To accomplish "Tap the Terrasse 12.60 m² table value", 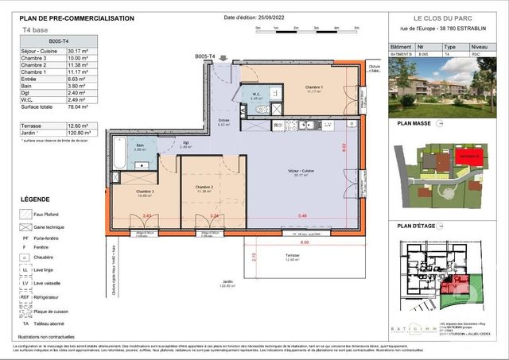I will (x=80, y=125).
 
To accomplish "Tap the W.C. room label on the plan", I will (x=257, y=95).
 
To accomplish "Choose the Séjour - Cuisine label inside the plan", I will (x=301, y=172).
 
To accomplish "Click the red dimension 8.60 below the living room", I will (x=304, y=242).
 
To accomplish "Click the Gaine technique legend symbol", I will (x=25, y=226).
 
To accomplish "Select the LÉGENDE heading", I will (x=35, y=199).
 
